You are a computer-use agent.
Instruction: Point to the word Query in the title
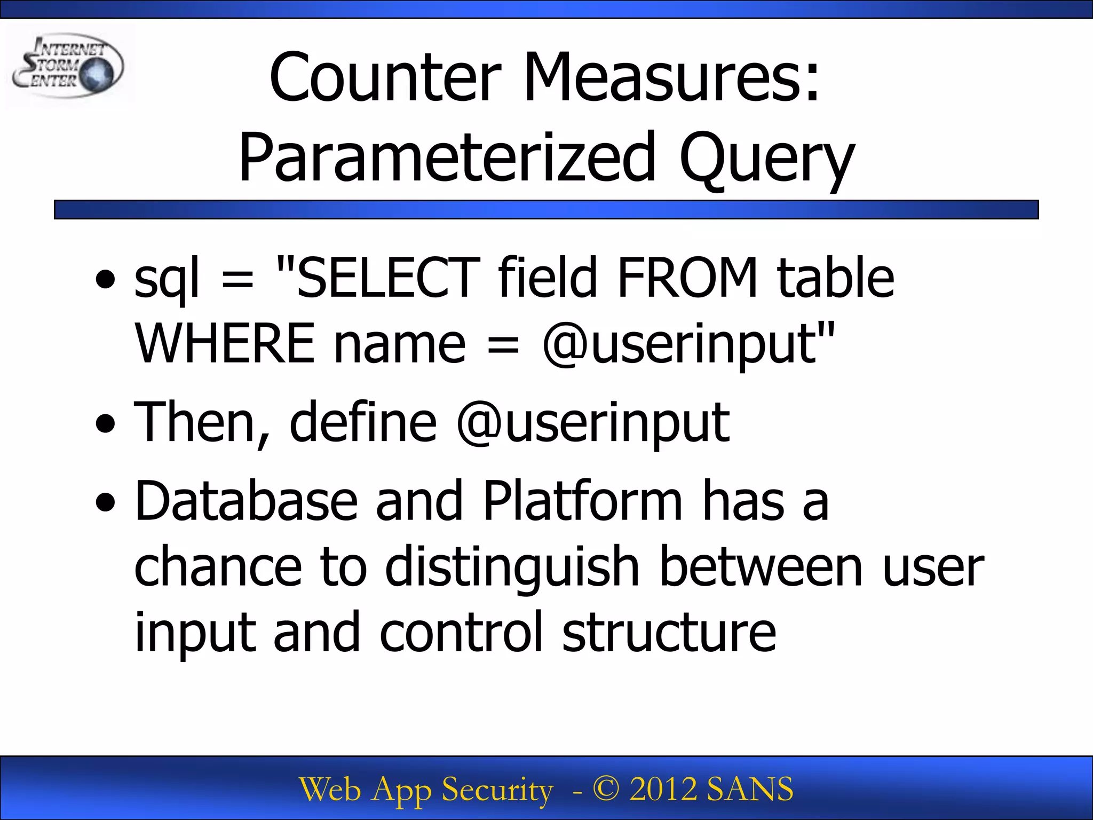coord(766,159)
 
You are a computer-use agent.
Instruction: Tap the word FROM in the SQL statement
coord(687,278)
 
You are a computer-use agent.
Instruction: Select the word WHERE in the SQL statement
coord(224,344)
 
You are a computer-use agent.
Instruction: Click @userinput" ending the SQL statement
coord(688,345)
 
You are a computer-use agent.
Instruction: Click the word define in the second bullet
coord(363,423)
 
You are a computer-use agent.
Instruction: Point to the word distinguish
coord(512,568)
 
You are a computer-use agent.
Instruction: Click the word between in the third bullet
coord(761,567)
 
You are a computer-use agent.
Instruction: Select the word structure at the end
coord(669,633)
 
